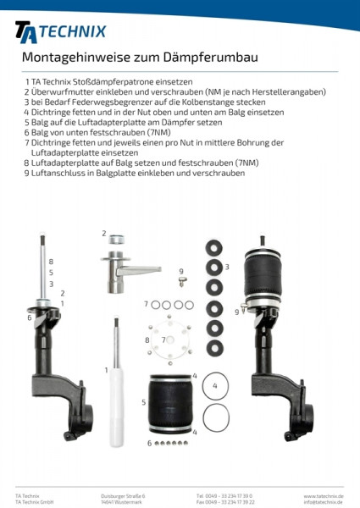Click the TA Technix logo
tap(60, 31)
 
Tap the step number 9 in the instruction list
tap(27, 173)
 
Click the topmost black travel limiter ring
tap(214, 247)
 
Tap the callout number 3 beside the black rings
tap(227, 267)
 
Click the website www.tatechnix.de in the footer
tap(323, 495)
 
